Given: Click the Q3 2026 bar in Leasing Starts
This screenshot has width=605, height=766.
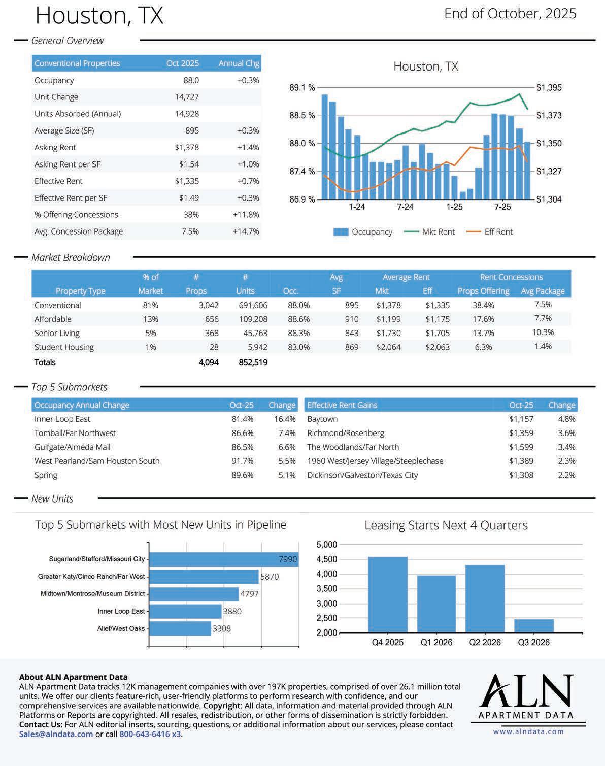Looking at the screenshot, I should [533, 626].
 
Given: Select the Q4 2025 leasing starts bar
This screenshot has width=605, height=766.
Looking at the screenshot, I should [387, 594].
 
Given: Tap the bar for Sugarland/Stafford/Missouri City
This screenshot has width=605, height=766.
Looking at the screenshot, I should [223, 559].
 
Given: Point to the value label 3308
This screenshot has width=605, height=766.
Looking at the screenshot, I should [221, 628].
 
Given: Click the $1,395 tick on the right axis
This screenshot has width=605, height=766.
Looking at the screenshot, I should [549, 88].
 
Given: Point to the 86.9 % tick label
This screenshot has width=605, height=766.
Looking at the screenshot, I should [302, 199].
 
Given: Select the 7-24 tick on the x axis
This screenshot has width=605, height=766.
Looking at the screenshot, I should [405, 207].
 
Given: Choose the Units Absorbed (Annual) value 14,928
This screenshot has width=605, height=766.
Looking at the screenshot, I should [187, 114].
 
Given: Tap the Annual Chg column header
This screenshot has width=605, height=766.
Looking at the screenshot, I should [239, 63].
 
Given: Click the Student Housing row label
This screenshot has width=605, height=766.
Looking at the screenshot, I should [64, 347].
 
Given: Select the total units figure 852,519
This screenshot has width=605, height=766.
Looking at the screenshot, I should [253, 362].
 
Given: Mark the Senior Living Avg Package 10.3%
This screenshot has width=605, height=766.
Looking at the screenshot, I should [543, 332].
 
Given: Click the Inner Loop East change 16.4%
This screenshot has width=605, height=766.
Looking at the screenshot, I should [285, 419].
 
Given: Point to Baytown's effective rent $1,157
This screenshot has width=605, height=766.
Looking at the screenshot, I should [521, 419].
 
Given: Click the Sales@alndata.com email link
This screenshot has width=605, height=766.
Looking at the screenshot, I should [56, 734].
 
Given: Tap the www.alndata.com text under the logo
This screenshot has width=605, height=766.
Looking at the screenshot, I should [528, 731].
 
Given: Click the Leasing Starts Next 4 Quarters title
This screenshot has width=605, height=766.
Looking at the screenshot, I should [446, 525].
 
